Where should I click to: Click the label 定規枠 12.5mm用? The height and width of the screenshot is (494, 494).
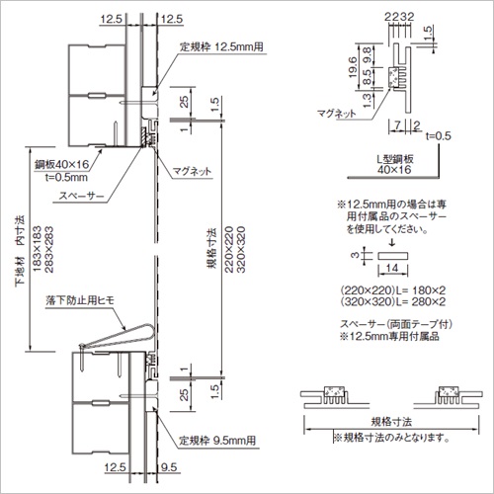pyautogui.click(x=221, y=46)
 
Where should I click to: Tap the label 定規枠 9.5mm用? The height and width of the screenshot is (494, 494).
pyautogui.click(x=217, y=441)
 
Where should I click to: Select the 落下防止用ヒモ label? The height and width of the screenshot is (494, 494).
pyautogui.click(x=80, y=300)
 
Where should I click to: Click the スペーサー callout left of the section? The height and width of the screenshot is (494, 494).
pyautogui.click(x=81, y=196)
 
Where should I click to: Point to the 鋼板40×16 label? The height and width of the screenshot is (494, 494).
pyautogui.click(x=62, y=164)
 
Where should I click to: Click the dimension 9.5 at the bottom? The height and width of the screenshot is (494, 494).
pyautogui.click(x=169, y=467)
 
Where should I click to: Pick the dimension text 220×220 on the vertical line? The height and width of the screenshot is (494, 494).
pyautogui.click(x=229, y=249)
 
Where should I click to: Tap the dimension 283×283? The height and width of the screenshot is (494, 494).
pyautogui.click(x=48, y=249)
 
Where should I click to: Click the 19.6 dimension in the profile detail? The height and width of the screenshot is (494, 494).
pyautogui.click(x=353, y=67)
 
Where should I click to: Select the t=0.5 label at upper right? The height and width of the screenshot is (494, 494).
pyautogui.click(x=439, y=135)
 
